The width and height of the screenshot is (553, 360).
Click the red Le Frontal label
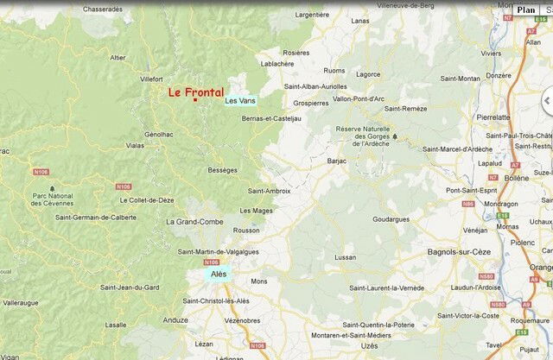(195, 91)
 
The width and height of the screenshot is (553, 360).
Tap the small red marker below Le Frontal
(195, 101)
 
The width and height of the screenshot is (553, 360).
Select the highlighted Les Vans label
(240, 101)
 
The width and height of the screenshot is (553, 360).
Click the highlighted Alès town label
(219, 274)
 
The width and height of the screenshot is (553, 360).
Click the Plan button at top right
(525, 9)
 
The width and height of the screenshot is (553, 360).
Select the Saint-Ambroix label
(269, 190)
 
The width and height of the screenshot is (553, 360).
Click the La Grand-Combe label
(194, 222)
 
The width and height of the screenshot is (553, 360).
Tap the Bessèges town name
(222, 170)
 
